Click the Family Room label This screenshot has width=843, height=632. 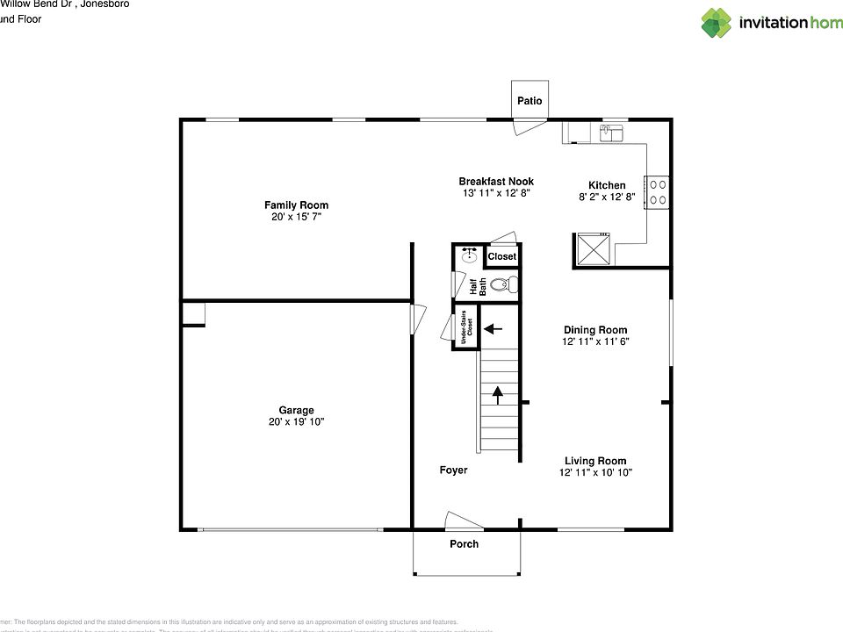point(296,205)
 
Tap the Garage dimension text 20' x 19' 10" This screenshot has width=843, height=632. point(296,422)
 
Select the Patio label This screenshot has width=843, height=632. point(530,101)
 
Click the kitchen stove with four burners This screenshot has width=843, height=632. point(657,192)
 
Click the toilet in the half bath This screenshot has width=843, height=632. point(502,284)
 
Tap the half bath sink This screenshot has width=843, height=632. point(470,255)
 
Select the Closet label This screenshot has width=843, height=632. point(502,256)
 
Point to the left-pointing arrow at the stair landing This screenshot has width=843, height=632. point(494,328)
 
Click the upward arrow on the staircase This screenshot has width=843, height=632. point(499,394)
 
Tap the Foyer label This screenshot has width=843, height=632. point(453,470)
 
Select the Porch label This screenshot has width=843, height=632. point(465,544)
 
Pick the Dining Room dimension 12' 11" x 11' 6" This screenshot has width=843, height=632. point(595,341)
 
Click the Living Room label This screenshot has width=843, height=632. point(595,461)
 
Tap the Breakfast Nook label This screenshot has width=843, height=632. point(496,182)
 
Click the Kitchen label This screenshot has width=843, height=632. point(607,185)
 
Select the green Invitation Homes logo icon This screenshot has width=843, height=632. point(716,22)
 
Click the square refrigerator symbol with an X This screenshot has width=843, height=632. point(594,249)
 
